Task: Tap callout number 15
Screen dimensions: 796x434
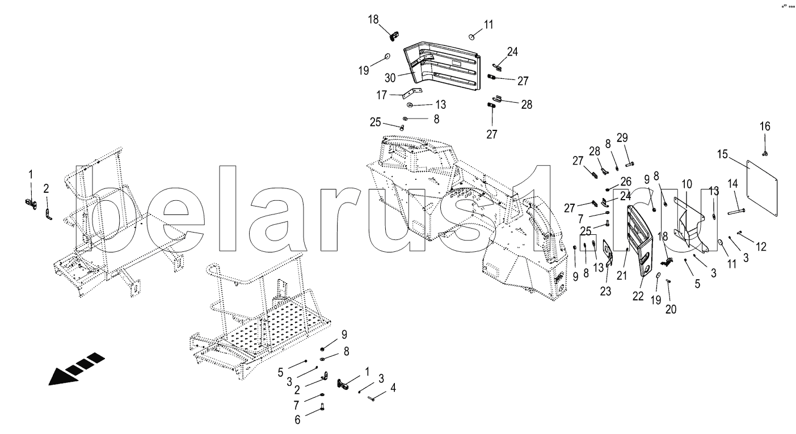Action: click(722, 155)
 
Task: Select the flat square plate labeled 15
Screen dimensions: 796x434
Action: click(762, 188)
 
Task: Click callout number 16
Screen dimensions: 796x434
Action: click(765, 126)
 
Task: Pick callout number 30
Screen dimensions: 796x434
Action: click(390, 78)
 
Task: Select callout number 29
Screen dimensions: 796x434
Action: click(622, 138)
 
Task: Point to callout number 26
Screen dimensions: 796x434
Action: click(626, 182)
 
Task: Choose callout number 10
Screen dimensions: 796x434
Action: click(687, 184)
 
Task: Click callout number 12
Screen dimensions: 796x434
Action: click(761, 247)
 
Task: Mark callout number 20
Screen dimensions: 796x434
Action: click(671, 310)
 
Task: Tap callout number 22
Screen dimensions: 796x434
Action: click(638, 296)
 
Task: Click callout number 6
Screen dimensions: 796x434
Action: click(297, 420)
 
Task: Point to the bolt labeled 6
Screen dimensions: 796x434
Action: click(322, 407)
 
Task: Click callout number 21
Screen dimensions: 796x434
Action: click(622, 276)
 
